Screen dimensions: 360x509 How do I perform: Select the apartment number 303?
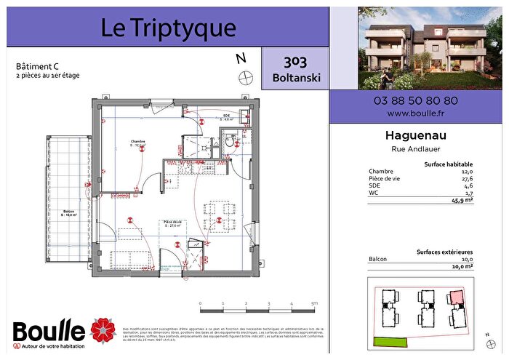click(294, 62)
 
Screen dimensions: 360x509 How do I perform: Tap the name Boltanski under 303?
click(294, 77)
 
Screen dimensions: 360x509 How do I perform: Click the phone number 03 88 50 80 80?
click(416, 101)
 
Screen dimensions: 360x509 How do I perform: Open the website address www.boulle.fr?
click(416, 113)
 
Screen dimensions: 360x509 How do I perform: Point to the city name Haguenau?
click(416, 136)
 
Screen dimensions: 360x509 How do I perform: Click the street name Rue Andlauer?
click(416, 150)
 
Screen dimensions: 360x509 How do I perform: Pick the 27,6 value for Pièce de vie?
click(467, 178)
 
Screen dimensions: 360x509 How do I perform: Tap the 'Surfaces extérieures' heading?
click(444, 252)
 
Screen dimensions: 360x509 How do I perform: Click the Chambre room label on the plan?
click(137, 143)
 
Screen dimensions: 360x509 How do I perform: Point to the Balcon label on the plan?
click(69, 211)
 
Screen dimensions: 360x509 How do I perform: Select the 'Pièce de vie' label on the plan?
click(172, 222)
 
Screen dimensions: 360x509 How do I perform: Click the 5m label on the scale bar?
click(314, 303)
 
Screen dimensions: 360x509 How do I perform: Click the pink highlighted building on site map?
click(456, 297)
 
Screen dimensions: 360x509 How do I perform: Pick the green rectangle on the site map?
click(392, 340)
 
